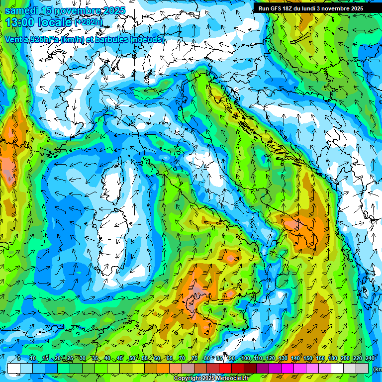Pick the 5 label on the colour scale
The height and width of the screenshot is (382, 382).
(x=19, y=358)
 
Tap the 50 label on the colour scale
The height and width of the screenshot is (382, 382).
(x=132, y=358)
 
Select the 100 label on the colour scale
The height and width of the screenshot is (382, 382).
(x=245, y=358)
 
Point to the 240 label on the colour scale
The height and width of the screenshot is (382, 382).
(x=370, y=358)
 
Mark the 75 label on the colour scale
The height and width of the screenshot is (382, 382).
(x=194, y=358)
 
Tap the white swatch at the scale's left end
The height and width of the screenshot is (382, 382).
(x=13, y=368)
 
